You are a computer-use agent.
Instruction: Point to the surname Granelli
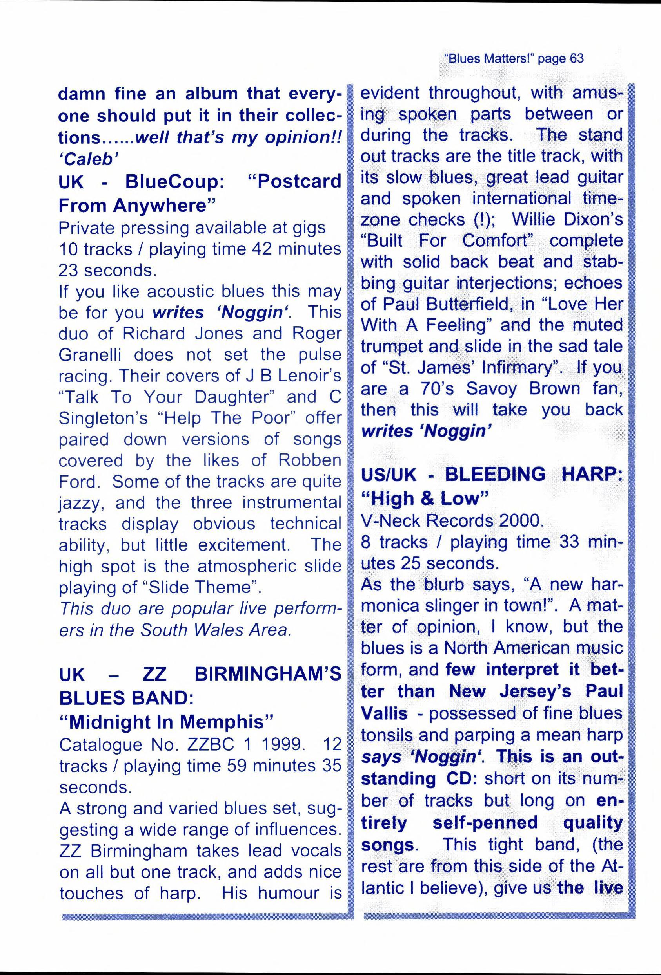tap(89, 355)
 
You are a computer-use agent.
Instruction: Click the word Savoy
tap(492, 389)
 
